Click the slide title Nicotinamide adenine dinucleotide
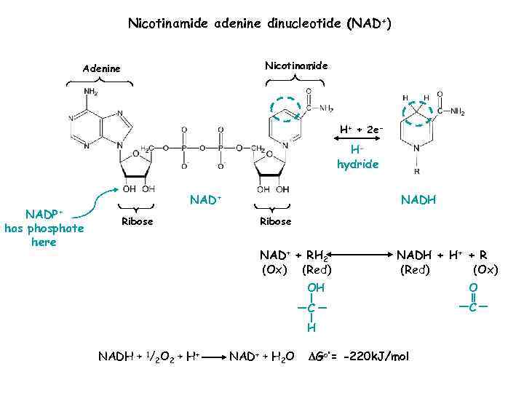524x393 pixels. tap(261, 24)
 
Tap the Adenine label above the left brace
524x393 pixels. tap(101, 68)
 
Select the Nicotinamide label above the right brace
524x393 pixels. tap(296, 65)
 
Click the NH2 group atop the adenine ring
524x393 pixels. tap(92, 92)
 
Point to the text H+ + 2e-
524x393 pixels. tap(361, 130)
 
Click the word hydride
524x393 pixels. tap(357, 164)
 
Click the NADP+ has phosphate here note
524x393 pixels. tap(44, 228)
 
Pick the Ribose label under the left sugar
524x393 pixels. tap(137, 221)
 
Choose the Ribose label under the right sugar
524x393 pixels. tap(275, 221)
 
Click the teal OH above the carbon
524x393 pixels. tap(315, 289)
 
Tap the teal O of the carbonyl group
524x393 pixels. tap(473, 289)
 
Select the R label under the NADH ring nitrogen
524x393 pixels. tap(416, 172)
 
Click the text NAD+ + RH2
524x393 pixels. tap(295, 255)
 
